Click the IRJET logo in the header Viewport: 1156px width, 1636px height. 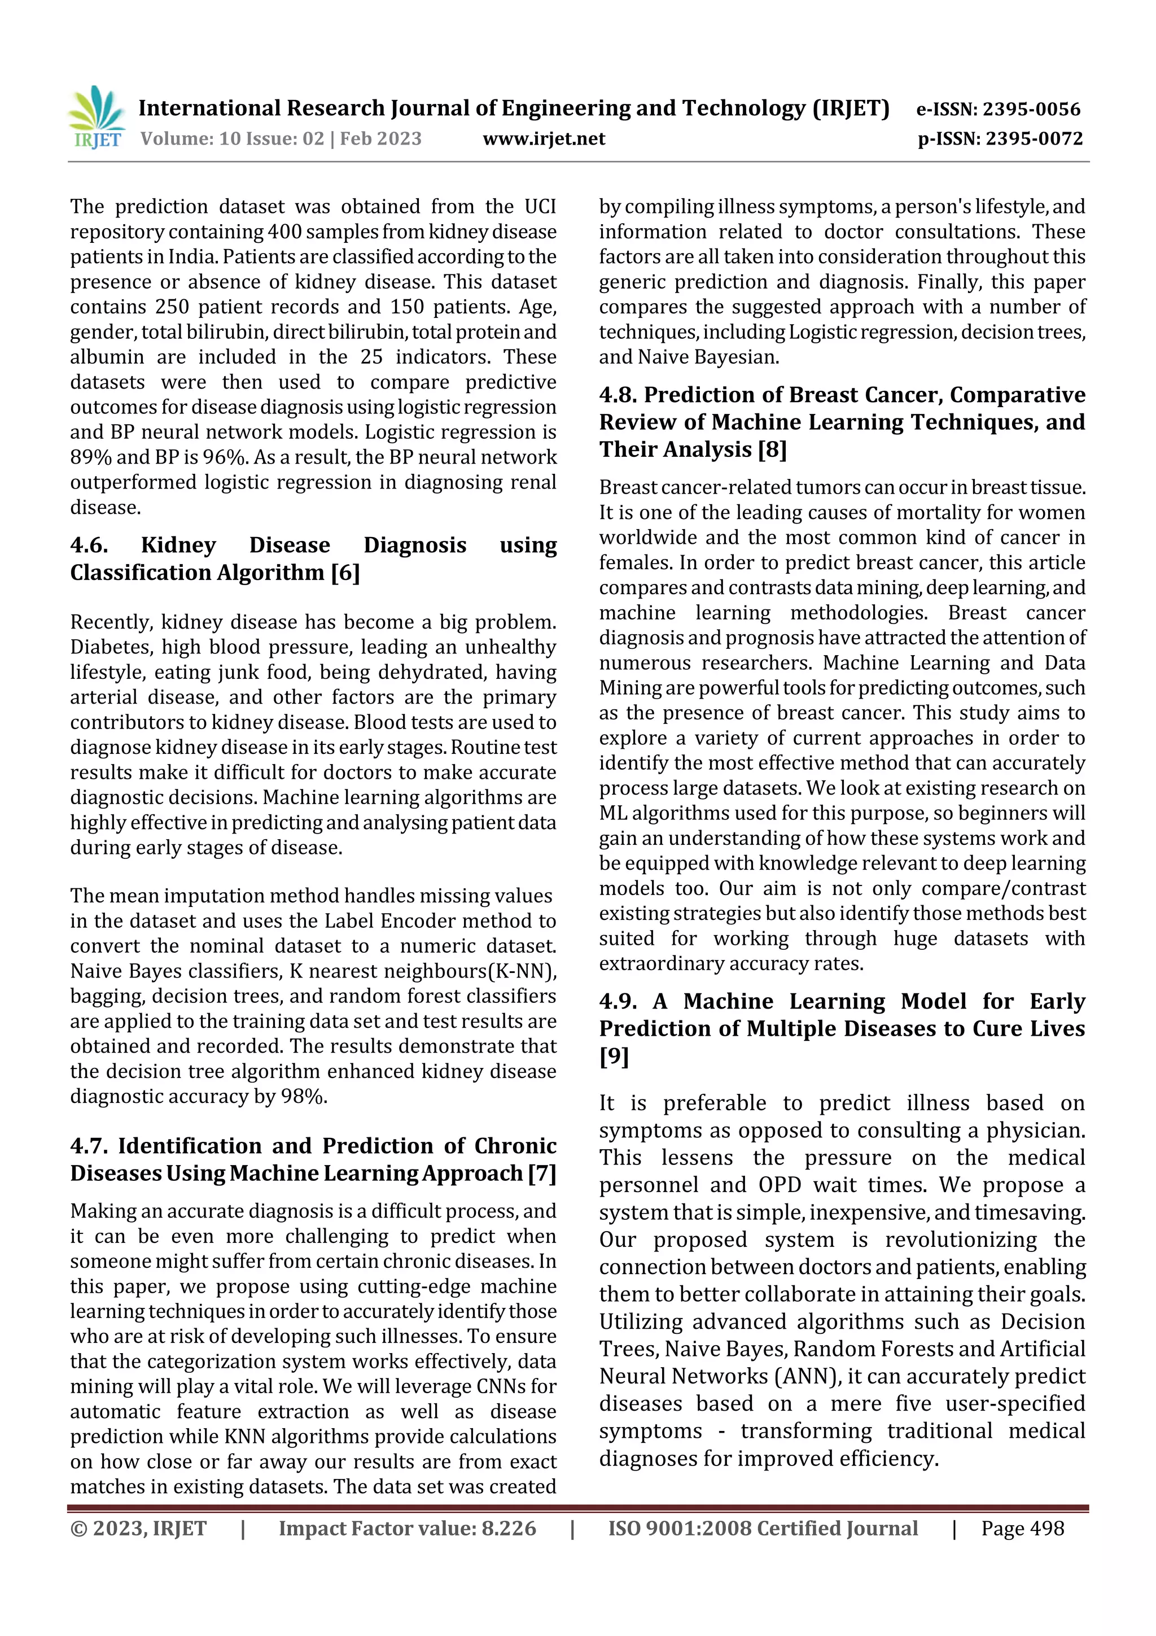click(x=97, y=117)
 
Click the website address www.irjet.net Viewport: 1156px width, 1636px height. click(x=544, y=139)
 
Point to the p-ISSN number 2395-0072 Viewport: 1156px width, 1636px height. click(x=1034, y=139)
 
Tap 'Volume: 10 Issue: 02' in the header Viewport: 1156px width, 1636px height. click(x=231, y=139)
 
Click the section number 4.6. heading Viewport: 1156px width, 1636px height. click(x=89, y=545)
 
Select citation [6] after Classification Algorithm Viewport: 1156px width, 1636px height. click(x=345, y=573)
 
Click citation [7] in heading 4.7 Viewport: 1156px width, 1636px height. click(x=541, y=1173)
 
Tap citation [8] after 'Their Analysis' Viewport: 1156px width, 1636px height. click(x=772, y=450)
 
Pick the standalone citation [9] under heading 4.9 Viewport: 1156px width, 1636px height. click(x=614, y=1057)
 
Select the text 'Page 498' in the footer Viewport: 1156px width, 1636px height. click(x=1022, y=1528)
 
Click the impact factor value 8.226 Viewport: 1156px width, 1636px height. click(x=509, y=1528)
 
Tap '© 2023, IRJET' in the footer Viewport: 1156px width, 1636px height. click(x=138, y=1528)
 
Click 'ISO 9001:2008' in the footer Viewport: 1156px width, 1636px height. click(x=680, y=1528)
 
